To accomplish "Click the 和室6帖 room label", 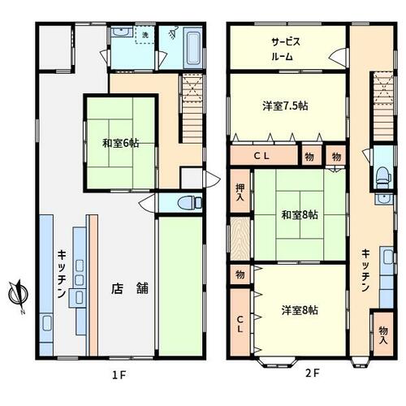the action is tap(120, 143).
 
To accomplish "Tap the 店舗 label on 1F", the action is tap(130, 288).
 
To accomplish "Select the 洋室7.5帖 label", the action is tap(285, 106).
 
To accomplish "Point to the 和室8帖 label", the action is tap(300, 215).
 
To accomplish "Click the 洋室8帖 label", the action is tap(300, 310).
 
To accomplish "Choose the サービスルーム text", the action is tap(285, 50).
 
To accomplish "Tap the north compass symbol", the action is tap(19, 295).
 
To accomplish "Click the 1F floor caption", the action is tap(119, 375).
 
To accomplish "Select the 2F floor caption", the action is tap(313, 374).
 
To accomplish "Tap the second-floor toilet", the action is tap(383, 176).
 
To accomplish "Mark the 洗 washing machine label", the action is tap(145, 35).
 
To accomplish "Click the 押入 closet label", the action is tap(240, 192).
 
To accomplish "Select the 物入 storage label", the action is tap(383, 335).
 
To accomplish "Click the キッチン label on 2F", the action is tap(365, 270).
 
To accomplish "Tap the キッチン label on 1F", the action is tap(62, 274).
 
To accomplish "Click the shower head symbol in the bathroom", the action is tap(173, 32).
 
